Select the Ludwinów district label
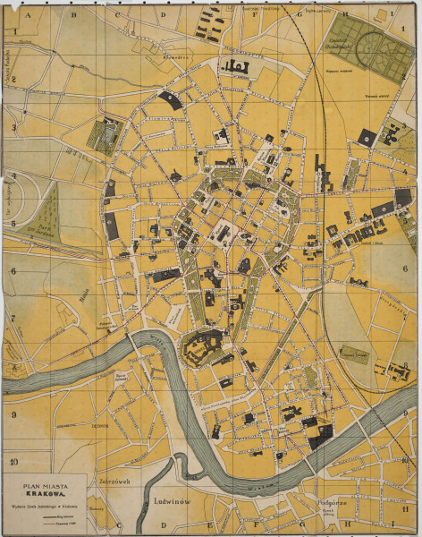click(173, 501)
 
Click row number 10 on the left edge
click(13, 462)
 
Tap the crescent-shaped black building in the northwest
click(171, 99)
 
